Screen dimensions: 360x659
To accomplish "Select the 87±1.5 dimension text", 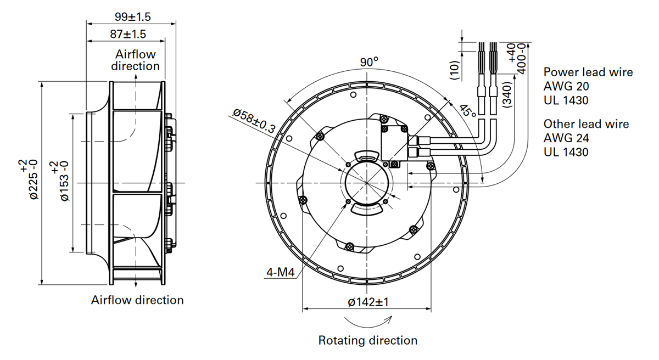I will (x=128, y=34).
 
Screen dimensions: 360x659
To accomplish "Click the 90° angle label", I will (x=369, y=62).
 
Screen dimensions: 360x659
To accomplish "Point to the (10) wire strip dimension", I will (x=454, y=70).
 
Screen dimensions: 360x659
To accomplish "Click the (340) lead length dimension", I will (x=507, y=94).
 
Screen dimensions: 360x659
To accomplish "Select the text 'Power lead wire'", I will (x=588, y=72).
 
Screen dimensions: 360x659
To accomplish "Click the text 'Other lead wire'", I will (x=586, y=123).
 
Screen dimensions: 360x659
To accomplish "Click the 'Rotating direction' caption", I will (x=368, y=340).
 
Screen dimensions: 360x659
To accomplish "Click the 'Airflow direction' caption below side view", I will (x=137, y=300).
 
